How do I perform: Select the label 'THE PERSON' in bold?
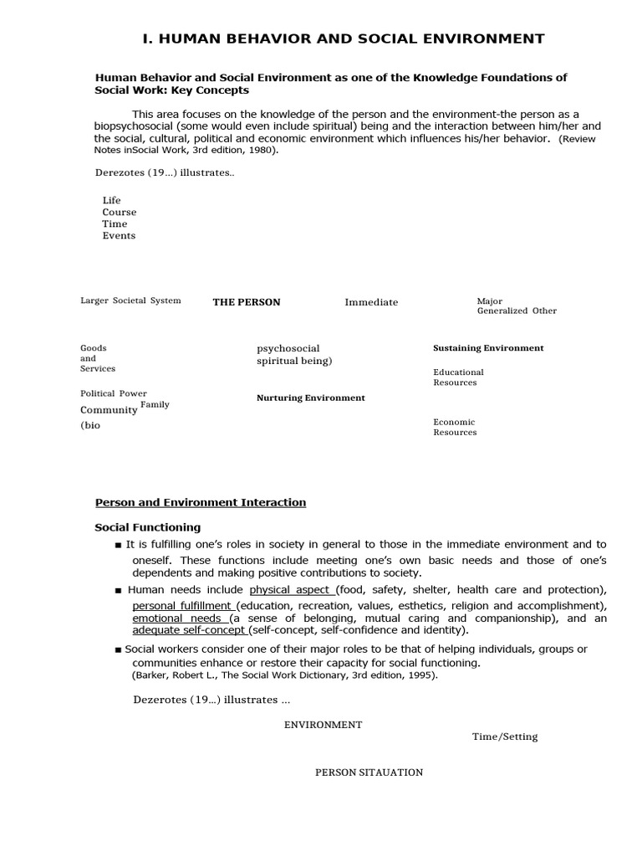pyautogui.click(x=247, y=302)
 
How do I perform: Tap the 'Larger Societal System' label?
pyautogui.click(x=130, y=300)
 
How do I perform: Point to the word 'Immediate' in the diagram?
pyautogui.click(x=371, y=302)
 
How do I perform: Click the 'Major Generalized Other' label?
pyautogui.click(x=516, y=305)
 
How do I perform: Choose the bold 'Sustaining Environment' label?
pyautogui.click(x=488, y=348)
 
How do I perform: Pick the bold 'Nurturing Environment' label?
pyautogui.click(x=310, y=398)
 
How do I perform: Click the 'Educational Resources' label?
pyautogui.click(x=458, y=377)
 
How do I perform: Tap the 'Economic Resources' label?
pyautogui.click(x=455, y=428)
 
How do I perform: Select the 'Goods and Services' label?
pyautogui.click(x=97, y=358)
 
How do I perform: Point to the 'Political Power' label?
pyautogui.click(x=113, y=393)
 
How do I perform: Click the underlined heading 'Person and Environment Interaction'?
pyautogui.click(x=201, y=502)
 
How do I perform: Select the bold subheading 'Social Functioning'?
pyautogui.click(x=147, y=527)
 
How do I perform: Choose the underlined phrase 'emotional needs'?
pyautogui.click(x=176, y=618)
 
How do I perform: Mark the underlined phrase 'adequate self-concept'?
pyautogui.click(x=190, y=630)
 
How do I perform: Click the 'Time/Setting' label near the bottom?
pyautogui.click(x=505, y=736)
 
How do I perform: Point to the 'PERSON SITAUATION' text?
pyautogui.click(x=369, y=772)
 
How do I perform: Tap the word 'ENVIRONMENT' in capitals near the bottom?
pyautogui.click(x=323, y=725)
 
